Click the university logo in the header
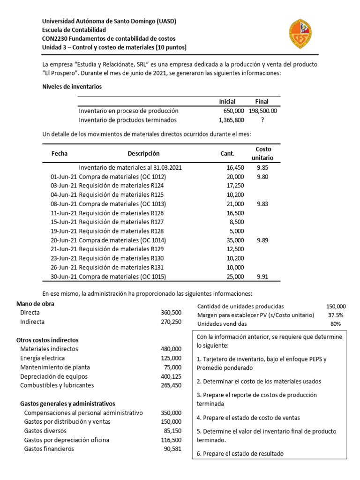click(x=300, y=33)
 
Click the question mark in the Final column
click(x=262, y=120)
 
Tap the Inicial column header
click(x=227, y=102)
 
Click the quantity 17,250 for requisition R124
click(x=235, y=186)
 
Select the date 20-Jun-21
click(x=63, y=240)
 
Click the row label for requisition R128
click(x=121, y=231)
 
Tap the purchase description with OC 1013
click(x=122, y=204)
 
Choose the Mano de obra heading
click(x=35, y=304)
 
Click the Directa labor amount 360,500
click(x=171, y=313)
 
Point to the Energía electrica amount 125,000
click(x=171, y=358)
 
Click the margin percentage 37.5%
click(x=335, y=315)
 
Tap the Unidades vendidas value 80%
click(x=335, y=324)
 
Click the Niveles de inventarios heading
click(x=72, y=87)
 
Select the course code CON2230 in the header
click(x=55, y=38)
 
